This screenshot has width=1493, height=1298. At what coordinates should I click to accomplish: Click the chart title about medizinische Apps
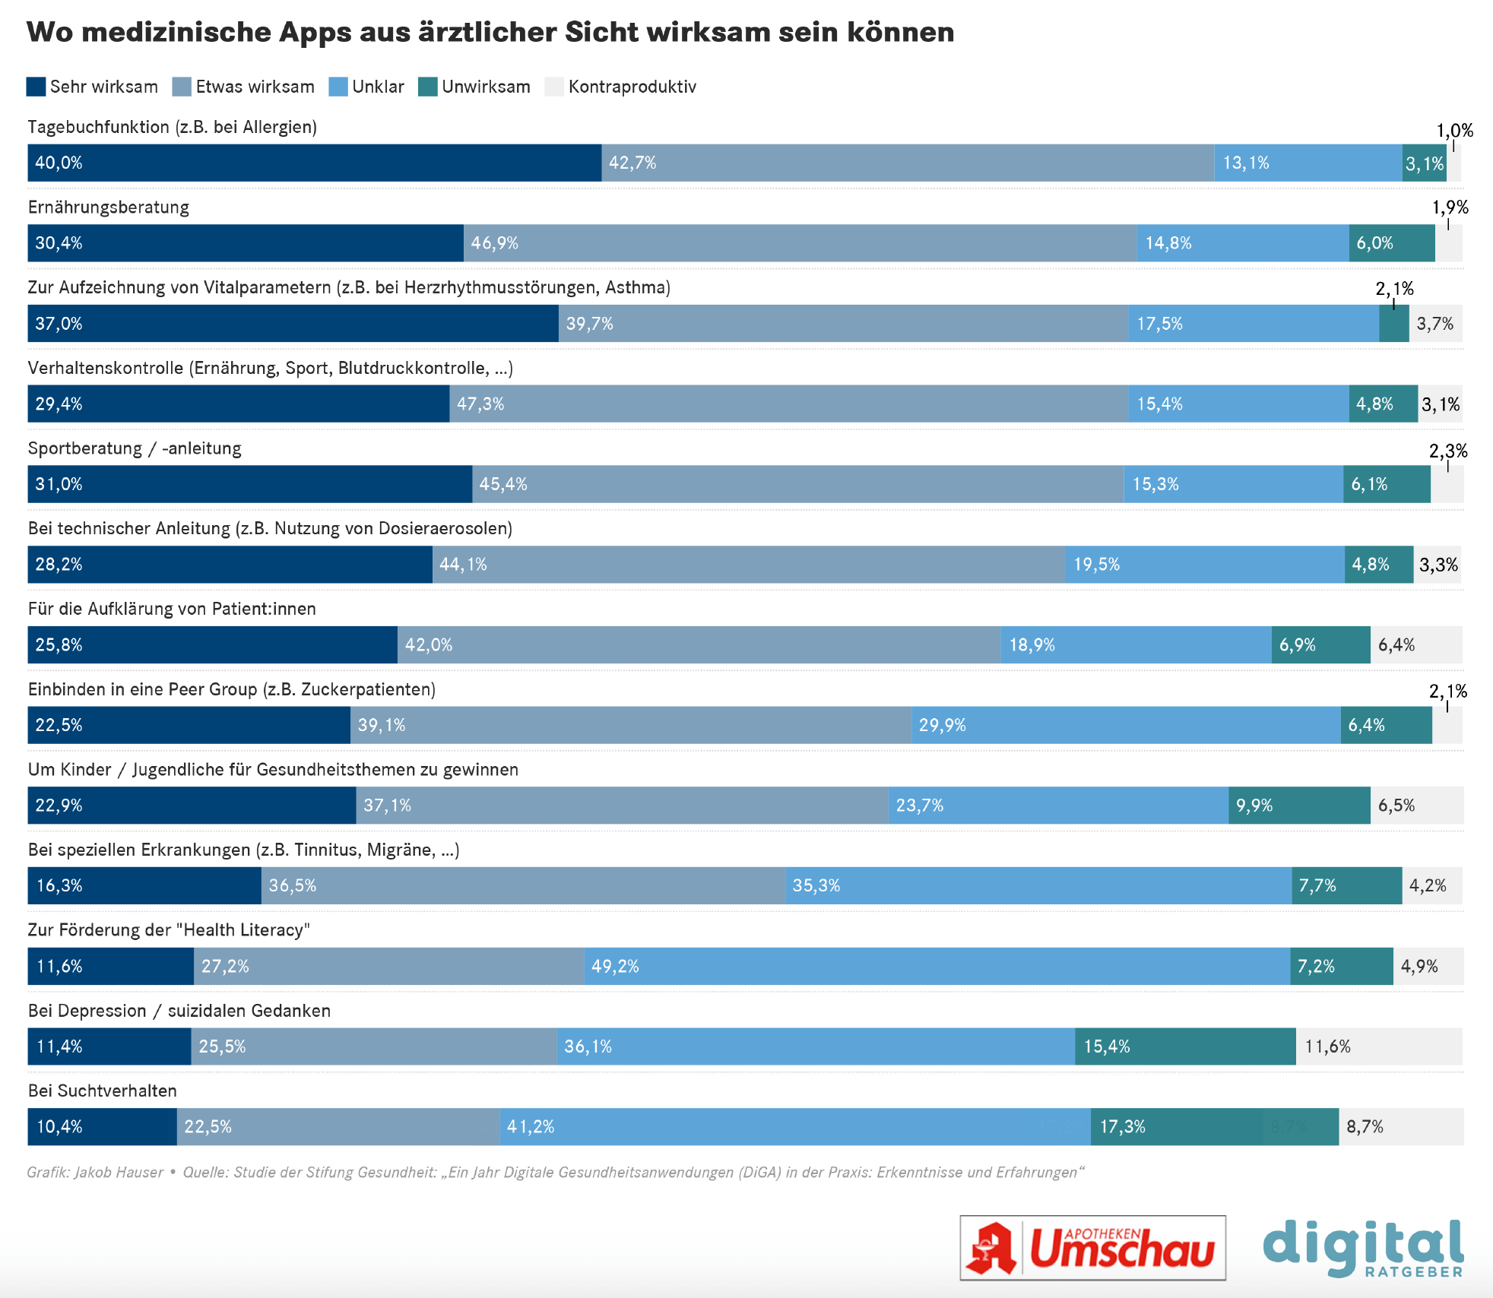coord(490,32)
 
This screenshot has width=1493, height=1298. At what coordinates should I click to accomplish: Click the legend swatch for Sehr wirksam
coord(36,87)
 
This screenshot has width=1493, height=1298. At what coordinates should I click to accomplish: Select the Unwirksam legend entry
coord(474,87)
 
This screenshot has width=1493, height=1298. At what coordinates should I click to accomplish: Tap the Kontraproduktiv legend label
coord(632,87)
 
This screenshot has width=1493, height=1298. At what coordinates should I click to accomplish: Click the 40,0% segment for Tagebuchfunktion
coord(314,163)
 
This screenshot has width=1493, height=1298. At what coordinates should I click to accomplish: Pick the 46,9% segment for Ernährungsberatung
coord(800,243)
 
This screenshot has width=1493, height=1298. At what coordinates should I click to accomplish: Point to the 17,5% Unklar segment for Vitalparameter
coord(1253,324)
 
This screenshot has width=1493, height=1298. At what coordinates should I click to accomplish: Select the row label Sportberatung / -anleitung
coord(135,448)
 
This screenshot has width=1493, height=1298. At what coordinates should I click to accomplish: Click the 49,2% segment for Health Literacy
coord(937,966)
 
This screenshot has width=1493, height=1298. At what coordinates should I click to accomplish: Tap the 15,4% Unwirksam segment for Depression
coord(1185,1046)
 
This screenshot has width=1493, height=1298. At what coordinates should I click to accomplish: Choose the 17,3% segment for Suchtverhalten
coord(1214,1126)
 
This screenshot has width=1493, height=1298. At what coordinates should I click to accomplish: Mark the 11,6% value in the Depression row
coord(1327,1046)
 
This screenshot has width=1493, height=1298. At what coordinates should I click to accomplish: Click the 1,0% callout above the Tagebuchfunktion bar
coord(1454,131)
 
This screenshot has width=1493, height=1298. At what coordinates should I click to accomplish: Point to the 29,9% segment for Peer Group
coord(1126,725)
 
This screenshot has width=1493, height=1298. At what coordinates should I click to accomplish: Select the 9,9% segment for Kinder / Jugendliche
coord(1299,806)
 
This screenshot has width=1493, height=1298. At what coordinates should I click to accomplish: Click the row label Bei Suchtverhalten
coord(103,1091)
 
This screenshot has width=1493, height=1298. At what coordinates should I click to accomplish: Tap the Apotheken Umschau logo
coord(1092,1248)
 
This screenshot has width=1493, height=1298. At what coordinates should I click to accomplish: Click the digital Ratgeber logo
coord(1363,1248)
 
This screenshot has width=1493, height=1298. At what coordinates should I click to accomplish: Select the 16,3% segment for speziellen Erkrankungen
coord(144,885)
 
